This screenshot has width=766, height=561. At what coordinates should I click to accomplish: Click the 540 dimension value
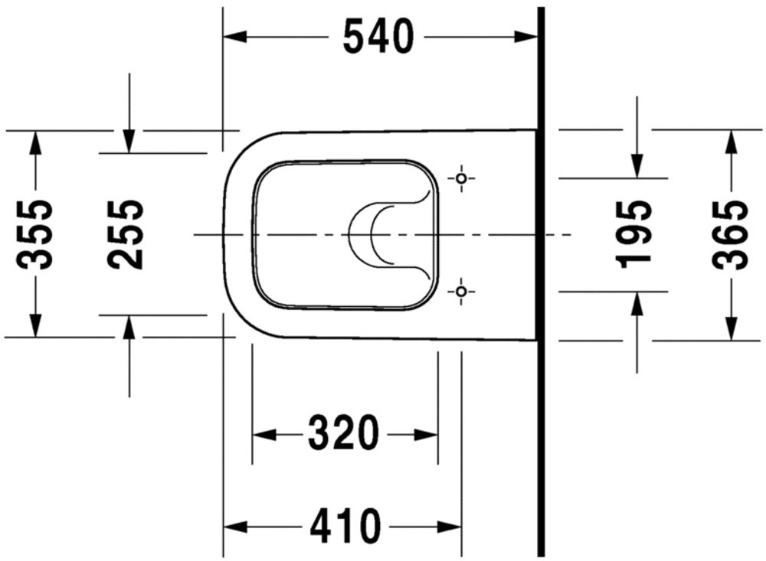pos(378,37)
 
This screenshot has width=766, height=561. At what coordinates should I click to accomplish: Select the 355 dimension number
pos(35,234)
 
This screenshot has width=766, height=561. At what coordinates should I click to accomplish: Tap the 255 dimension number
pos(126,234)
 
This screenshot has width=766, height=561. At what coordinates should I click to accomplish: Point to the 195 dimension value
pos(634,234)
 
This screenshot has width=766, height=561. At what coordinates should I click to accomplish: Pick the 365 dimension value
pos(729,234)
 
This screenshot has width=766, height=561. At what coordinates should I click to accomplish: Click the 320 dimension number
pos(343,433)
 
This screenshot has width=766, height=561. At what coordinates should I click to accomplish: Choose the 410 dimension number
pos(345,527)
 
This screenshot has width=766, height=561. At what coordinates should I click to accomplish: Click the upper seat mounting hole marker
pos(461,178)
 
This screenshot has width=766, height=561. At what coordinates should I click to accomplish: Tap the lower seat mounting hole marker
pos(461,292)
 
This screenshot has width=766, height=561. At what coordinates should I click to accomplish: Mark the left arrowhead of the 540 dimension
pos(234,37)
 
